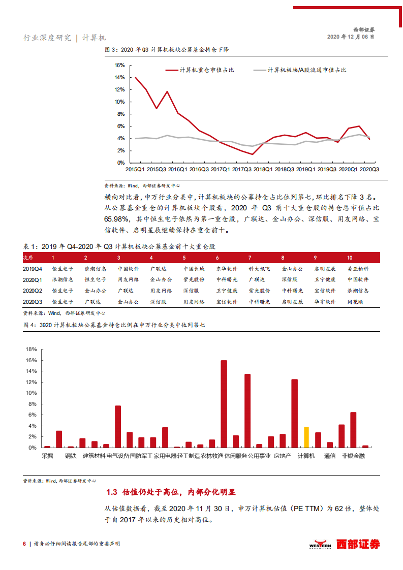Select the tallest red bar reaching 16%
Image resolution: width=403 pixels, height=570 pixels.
coord(224,404)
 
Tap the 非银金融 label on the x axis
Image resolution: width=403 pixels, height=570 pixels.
coord(353,456)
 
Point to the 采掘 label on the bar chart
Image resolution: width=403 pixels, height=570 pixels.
coord(47,456)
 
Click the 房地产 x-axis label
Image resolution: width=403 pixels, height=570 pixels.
coord(283,456)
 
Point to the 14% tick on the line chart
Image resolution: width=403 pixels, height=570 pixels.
coord(119,78)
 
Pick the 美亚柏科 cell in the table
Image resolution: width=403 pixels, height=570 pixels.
coord(358,268)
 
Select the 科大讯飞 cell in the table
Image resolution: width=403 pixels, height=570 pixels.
coord(259,268)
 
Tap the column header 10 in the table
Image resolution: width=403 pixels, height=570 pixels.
coord(350,258)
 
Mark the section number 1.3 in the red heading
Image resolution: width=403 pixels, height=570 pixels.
coord(112,492)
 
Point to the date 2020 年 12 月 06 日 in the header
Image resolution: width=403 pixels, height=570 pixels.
coord(351,37)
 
